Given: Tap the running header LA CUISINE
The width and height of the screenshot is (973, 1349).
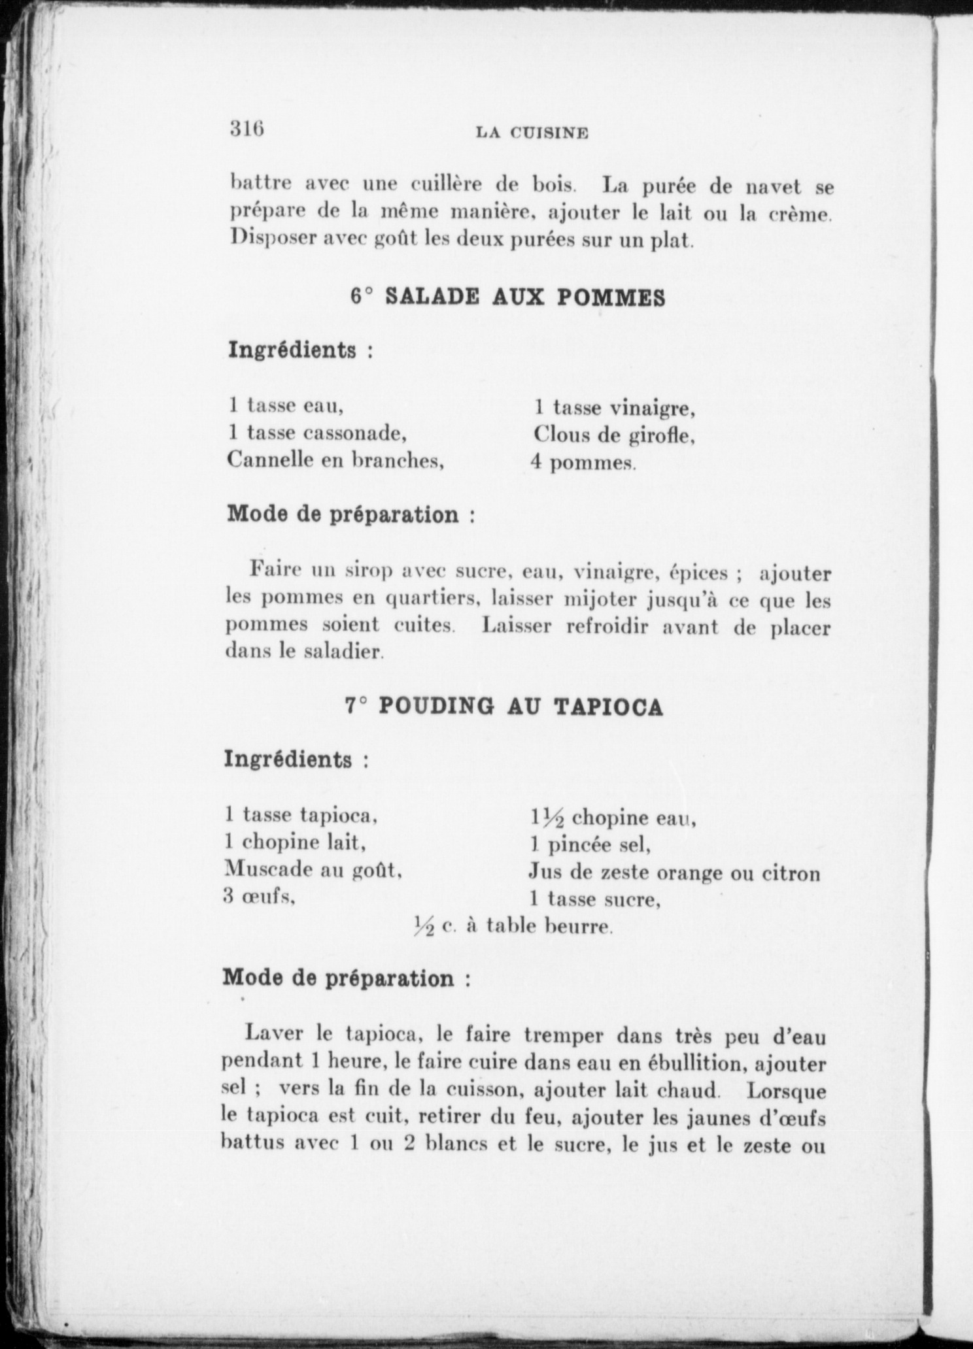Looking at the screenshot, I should click(532, 133).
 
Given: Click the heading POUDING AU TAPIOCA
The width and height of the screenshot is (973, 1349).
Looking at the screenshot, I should click(521, 707).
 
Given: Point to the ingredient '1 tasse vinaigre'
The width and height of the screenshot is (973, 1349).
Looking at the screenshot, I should click(614, 408).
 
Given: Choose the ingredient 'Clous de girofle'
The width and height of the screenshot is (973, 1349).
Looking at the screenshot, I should click(614, 435).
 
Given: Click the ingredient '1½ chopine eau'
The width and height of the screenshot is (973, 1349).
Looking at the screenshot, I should click(613, 818).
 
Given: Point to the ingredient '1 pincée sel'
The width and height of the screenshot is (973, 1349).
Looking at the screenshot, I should click(590, 845).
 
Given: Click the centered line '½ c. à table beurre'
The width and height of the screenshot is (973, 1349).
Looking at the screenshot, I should click(513, 926).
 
